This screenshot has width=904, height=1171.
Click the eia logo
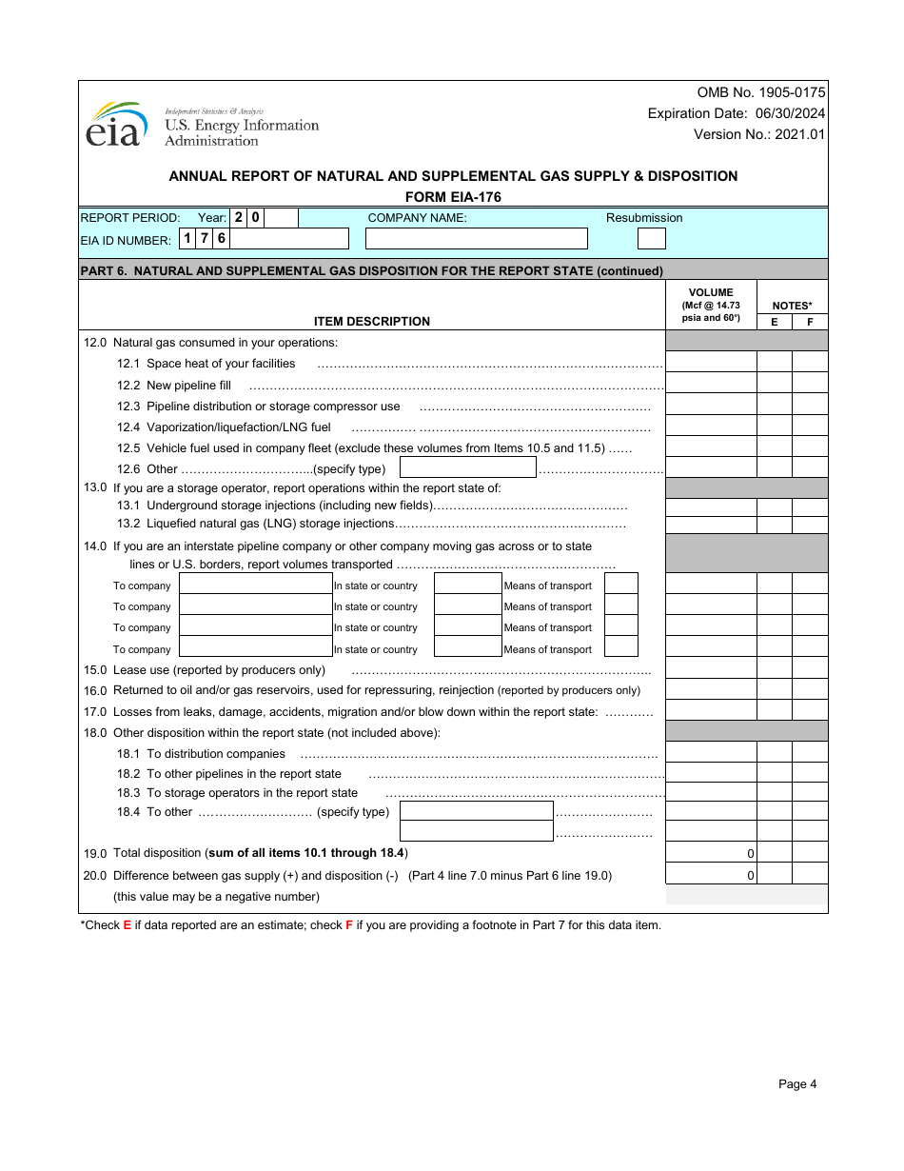(116, 125)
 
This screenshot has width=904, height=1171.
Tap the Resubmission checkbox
(651, 238)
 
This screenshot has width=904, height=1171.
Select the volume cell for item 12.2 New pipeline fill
(710, 383)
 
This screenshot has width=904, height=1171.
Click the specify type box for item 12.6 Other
(468, 467)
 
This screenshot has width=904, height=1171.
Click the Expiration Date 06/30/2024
(737, 113)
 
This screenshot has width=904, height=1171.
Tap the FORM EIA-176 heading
(453, 197)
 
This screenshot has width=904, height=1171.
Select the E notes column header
(774, 322)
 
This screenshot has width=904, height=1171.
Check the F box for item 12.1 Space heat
(810, 362)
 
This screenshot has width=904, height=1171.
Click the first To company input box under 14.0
(255, 584)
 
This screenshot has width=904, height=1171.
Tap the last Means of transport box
(621, 647)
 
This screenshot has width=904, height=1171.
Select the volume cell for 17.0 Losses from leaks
(710, 710)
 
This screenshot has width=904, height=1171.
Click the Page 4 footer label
(796, 1083)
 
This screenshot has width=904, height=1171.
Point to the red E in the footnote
(127, 925)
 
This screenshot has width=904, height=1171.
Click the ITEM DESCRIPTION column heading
(372, 322)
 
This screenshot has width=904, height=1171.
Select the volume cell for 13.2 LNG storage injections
(710, 525)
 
